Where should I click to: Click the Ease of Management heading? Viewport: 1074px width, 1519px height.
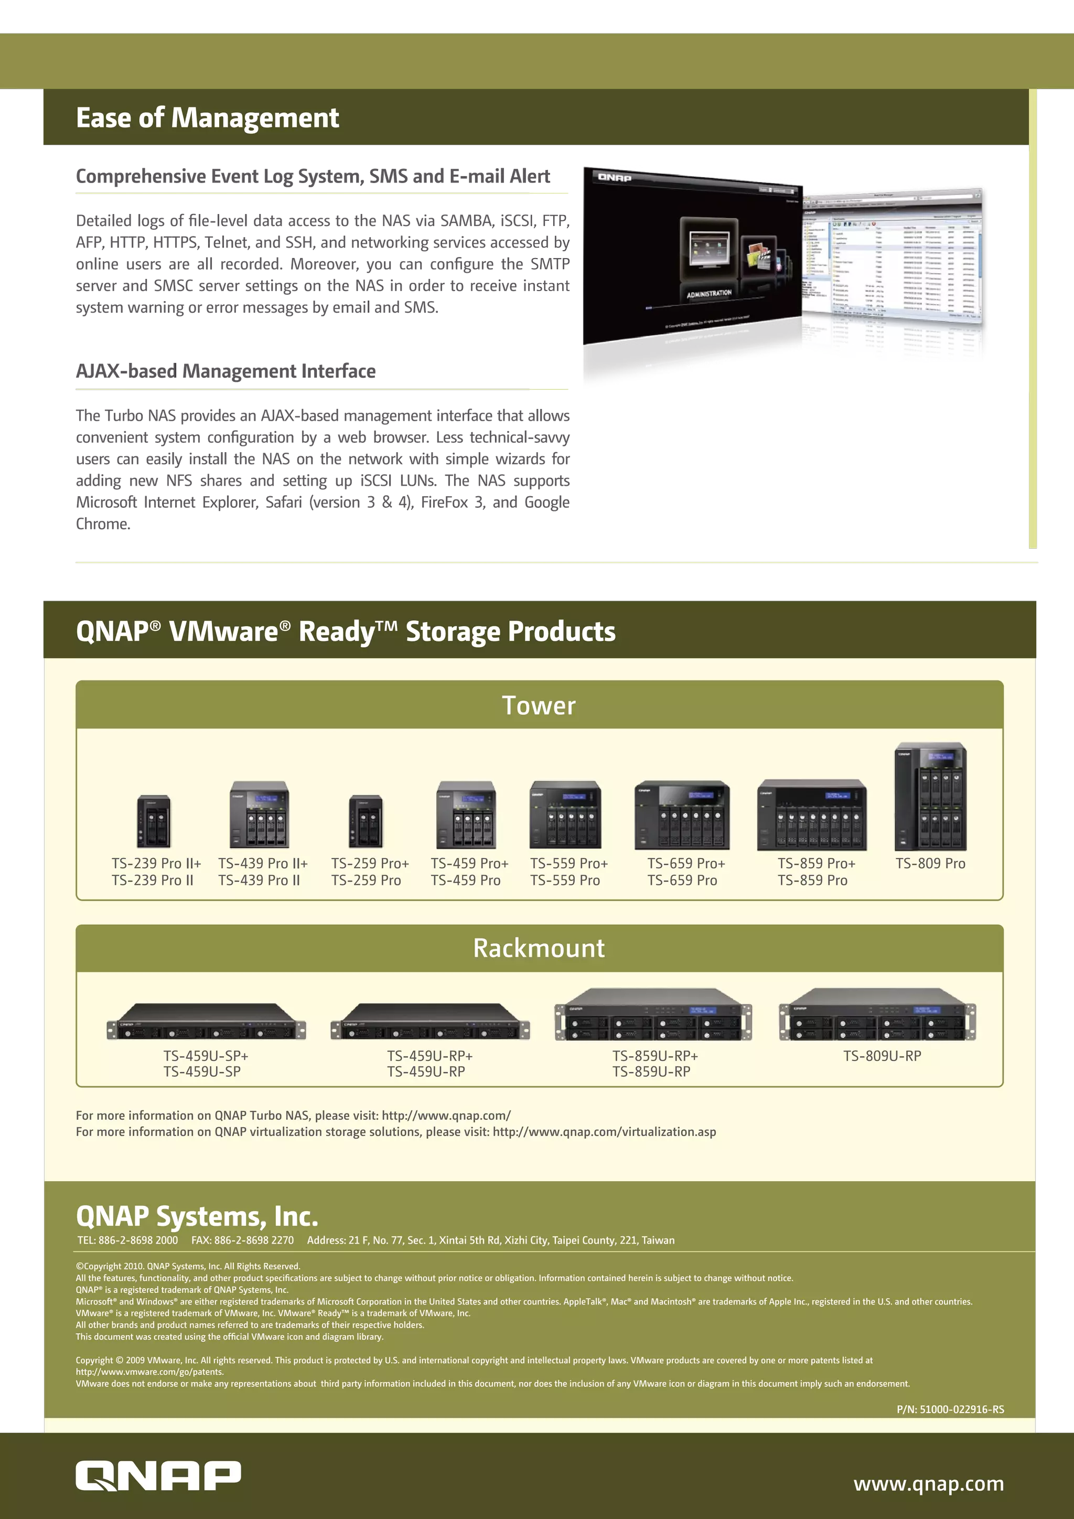tap(207, 118)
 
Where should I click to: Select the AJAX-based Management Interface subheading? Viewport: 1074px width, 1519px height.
tap(225, 370)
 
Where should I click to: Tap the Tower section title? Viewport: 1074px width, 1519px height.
tap(539, 705)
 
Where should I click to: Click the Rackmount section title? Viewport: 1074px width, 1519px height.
tap(539, 948)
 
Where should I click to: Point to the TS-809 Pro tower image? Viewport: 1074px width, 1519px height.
tap(930, 797)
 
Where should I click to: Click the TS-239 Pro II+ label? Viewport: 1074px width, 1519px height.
tap(156, 863)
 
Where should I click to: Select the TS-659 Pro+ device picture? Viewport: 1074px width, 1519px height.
tap(682, 815)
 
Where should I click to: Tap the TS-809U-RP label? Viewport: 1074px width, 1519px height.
tap(882, 1056)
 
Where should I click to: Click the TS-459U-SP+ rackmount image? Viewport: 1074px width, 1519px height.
tap(206, 1023)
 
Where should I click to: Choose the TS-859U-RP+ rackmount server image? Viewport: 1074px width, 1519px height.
tap(653, 1015)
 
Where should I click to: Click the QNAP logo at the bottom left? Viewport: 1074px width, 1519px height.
tap(158, 1477)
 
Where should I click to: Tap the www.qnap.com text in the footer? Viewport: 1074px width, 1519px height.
tap(929, 1483)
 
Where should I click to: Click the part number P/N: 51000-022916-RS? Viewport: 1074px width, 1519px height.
tap(950, 1409)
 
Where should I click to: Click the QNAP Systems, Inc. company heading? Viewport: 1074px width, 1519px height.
tap(197, 1216)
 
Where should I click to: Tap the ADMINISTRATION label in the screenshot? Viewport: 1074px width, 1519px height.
tap(709, 293)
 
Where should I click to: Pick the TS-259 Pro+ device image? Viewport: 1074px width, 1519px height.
tap(366, 822)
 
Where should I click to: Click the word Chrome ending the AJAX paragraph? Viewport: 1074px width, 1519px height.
tap(102, 524)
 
